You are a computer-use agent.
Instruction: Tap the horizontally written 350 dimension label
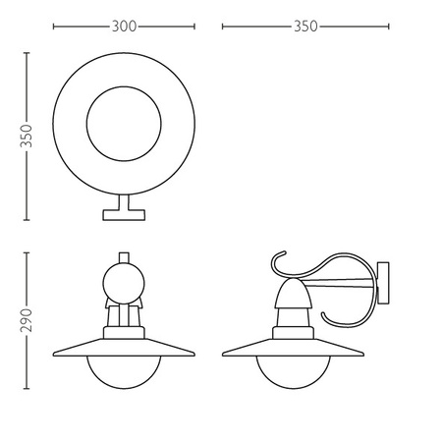305,27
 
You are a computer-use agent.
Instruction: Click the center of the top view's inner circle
123,127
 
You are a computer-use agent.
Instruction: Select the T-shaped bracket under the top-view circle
123,209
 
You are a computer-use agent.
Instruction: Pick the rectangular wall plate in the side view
383,285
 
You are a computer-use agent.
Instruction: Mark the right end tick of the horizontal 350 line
390,27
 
